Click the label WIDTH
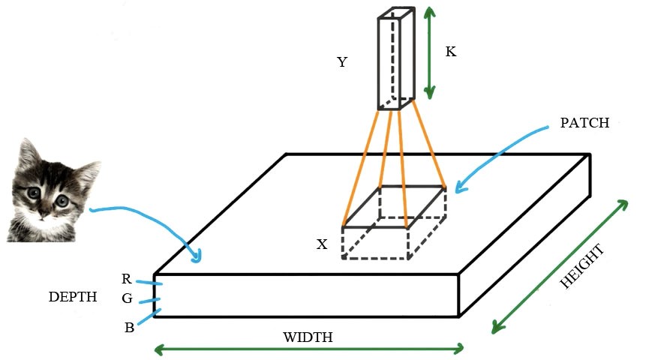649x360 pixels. (308, 337)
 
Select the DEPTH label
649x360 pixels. (73, 297)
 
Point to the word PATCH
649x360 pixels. (584, 123)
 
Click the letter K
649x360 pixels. (451, 52)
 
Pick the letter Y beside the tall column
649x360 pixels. (342, 62)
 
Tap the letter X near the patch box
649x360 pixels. (322, 244)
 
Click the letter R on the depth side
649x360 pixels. (127, 279)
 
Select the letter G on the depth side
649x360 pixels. (127, 298)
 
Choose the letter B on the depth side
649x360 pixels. (129, 327)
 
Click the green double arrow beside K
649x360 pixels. (428, 52)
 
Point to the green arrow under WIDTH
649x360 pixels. (308, 349)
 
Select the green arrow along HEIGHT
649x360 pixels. (559, 266)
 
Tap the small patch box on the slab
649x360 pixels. (394, 222)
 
